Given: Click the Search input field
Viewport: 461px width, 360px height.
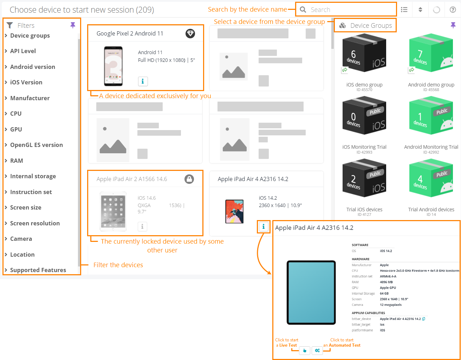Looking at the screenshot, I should [x=348, y=10].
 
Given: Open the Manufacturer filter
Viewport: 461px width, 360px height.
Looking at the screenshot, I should [x=30, y=98].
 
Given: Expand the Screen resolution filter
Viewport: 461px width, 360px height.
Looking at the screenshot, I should [x=35, y=223].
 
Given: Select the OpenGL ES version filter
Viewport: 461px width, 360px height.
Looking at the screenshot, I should [x=36, y=145].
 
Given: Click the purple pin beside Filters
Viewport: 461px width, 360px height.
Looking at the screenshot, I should [x=73, y=25].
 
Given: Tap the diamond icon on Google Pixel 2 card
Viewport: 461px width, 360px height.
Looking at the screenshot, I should [x=190, y=33].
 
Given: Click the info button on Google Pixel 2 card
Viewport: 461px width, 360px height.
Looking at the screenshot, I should [x=143, y=81].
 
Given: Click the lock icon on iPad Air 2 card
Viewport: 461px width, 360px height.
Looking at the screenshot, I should [x=189, y=179].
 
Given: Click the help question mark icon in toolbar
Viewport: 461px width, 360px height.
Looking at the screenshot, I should [x=453, y=10].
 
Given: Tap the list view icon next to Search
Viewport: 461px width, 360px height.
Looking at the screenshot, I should [x=404, y=10].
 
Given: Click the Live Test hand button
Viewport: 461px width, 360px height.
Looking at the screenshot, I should [x=305, y=351].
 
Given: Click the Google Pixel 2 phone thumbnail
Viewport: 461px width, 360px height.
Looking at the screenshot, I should [x=113, y=66].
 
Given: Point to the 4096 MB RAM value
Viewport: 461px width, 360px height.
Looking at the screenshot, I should [x=386, y=282].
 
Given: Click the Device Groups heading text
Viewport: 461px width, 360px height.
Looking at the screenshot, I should [x=371, y=26].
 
